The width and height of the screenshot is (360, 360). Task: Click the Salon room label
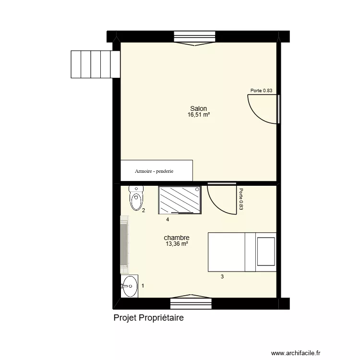pos(198,109)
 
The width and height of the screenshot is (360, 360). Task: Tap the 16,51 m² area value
pos(198,115)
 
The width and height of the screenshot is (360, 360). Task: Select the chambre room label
pos(177,238)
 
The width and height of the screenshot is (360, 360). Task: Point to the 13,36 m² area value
pos(177,244)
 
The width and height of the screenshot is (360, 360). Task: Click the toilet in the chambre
pos(136,198)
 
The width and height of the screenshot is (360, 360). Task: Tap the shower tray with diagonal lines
pos(180,200)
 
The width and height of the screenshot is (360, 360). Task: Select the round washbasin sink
pos(129,287)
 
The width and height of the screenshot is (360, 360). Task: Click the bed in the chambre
pos(242,252)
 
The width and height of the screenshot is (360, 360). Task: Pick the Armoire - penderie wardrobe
pos(156,170)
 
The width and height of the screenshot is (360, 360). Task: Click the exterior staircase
pos(95,64)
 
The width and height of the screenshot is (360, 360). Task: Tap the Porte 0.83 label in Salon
pos(262,91)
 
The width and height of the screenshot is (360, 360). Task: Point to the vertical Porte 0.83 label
pos(241,199)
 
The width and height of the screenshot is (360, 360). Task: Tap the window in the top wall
pos(194,37)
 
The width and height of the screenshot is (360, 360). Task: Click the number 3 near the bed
pos(222,276)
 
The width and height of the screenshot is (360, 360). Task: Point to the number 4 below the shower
pos(168,220)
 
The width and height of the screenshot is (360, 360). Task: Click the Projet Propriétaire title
pos(149,318)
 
